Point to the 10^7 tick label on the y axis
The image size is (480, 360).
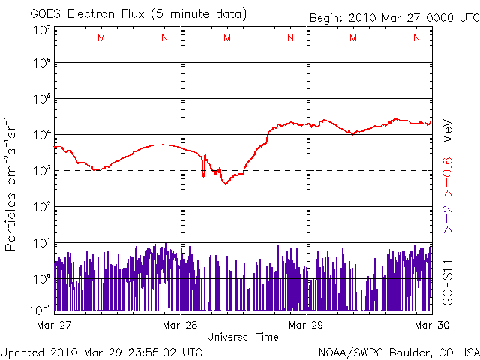pos(41,31)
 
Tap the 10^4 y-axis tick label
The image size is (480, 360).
pos(41,135)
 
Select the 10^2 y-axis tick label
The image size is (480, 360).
pos(41,207)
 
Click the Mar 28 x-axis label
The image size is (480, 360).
pos(180,325)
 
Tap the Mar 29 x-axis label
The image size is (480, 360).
pos(306,325)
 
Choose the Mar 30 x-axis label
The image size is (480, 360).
pos(431,325)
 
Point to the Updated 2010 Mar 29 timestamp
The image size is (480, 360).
pos(102,351)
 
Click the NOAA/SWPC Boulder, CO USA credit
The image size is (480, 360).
pos(398,351)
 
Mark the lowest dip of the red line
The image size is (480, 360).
pos(225,184)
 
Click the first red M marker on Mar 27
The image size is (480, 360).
pos(101,38)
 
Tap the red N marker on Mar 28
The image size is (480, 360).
pos(290,38)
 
